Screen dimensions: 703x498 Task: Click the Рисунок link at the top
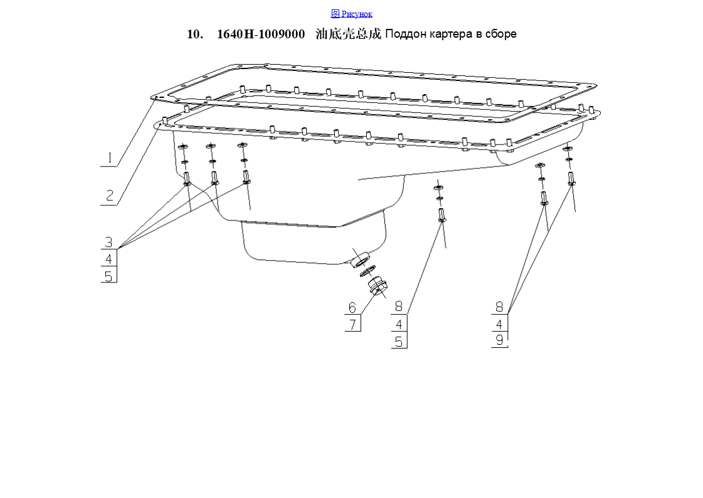(x=356, y=14)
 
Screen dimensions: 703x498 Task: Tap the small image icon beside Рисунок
(x=335, y=14)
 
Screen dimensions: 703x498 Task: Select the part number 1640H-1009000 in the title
(x=261, y=34)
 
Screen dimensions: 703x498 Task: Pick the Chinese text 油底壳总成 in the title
(x=348, y=34)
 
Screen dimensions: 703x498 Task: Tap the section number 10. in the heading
(x=195, y=34)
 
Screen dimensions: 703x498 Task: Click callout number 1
(x=109, y=158)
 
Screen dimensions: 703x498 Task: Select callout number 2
(x=109, y=196)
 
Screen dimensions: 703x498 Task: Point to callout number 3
(x=109, y=242)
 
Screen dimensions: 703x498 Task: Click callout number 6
(x=352, y=308)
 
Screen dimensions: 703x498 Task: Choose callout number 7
(x=353, y=324)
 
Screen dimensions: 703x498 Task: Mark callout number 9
(x=499, y=340)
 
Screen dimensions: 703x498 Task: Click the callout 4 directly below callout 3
(x=109, y=259)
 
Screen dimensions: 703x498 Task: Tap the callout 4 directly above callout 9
(x=499, y=324)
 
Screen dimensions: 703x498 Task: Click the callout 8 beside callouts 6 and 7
(x=399, y=306)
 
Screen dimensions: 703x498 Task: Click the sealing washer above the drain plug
(x=367, y=271)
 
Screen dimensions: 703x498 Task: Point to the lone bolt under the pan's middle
(x=441, y=215)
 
